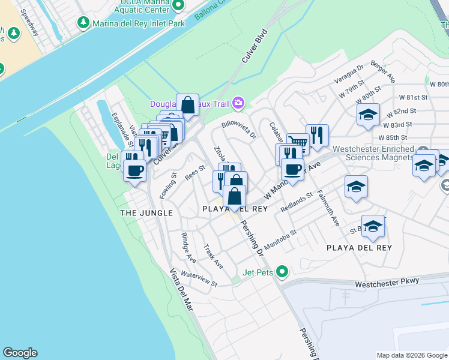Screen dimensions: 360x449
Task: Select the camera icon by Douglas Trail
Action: coord(238,103)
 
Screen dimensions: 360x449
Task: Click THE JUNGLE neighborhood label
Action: coord(146,213)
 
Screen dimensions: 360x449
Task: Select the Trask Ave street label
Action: coord(213,256)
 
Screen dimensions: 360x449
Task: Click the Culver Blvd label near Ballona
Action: coord(253,49)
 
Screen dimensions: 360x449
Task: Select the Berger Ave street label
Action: coord(383,71)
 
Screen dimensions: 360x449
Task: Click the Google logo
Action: coord(20,353)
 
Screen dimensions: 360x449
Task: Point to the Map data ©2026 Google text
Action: coord(412,355)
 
